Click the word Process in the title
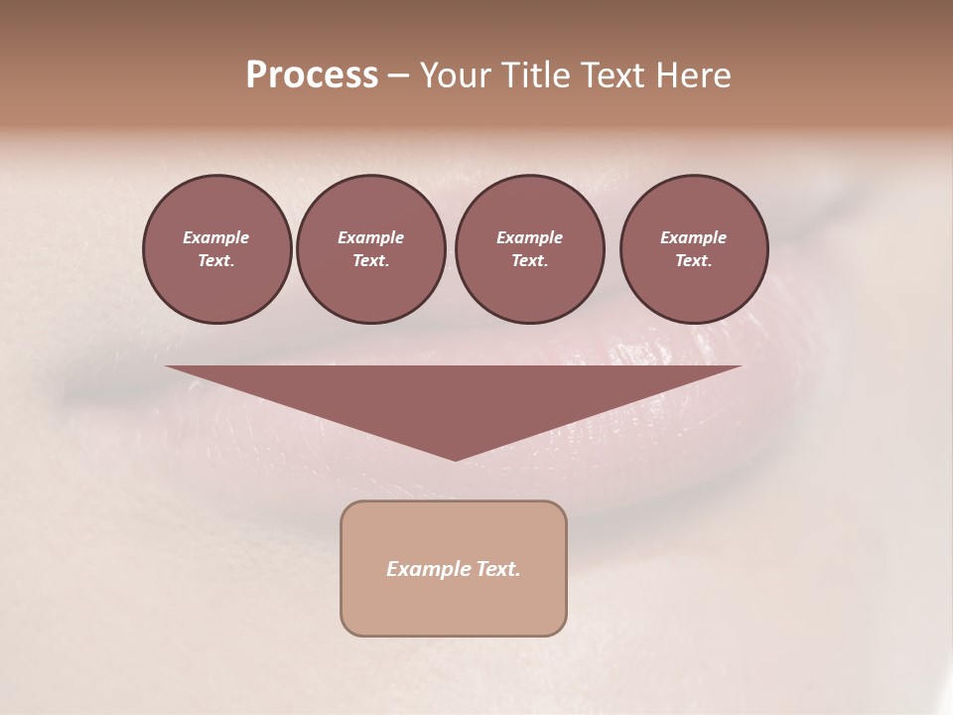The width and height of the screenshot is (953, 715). (x=312, y=75)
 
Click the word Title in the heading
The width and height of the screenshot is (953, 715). (x=533, y=75)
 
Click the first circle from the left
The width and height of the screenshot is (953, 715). (x=216, y=249)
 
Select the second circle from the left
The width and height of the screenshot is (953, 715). (x=370, y=249)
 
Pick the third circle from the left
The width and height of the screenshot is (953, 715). (x=529, y=249)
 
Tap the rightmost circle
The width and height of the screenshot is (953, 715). (x=693, y=249)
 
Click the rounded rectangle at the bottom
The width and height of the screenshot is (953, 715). (x=454, y=568)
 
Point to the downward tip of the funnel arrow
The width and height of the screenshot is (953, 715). (x=455, y=458)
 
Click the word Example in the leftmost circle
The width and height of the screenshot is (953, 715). (x=216, y=237)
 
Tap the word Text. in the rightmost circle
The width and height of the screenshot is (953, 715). (x=693, y=261)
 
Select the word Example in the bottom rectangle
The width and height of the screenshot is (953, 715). (x=428, y=569)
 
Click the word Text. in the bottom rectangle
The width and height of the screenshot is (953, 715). (x=498, y=569)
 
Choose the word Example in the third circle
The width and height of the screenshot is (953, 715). (x=529, y=237)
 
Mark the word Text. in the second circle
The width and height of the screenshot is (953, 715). (x=370, y=261)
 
